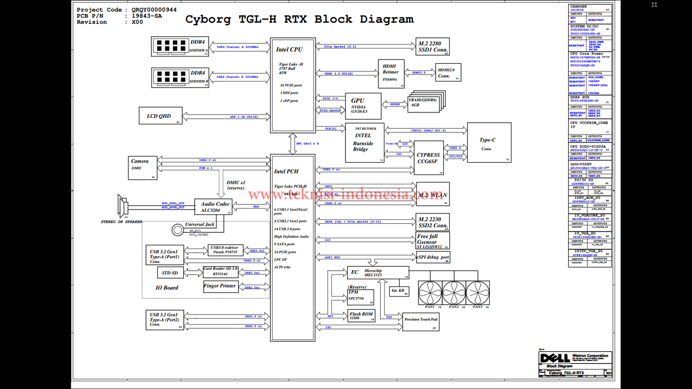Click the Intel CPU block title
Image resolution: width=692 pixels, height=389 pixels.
click(289, 50)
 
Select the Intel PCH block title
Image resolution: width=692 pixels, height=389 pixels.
click(286, 171)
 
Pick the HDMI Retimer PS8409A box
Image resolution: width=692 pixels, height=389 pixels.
click(390, 72)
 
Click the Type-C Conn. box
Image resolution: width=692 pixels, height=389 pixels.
click(489, 143)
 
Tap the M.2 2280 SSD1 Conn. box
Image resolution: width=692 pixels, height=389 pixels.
click(432, 46)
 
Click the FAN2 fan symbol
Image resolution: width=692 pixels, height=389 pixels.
click(454, 292)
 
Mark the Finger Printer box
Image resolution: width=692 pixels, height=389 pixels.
click(220, 286)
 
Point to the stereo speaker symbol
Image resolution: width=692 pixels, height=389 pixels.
click(121, 206)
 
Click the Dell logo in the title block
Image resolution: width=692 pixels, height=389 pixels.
click(555, 358)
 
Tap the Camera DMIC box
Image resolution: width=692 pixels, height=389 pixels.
click(143, 168)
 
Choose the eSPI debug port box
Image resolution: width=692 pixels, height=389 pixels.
click(432, 258)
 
